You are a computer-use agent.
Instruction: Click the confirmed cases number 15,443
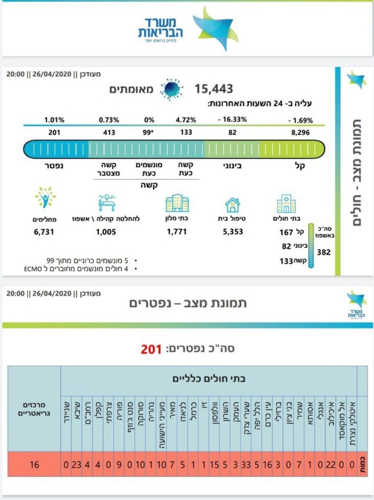[214, 89]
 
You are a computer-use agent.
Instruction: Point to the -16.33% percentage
[232, 120]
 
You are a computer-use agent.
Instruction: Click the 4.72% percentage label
[186, 120]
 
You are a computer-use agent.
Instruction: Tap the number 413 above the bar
[108, 132]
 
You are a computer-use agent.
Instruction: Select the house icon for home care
[232, 204]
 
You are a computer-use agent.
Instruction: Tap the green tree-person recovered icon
[45, 198]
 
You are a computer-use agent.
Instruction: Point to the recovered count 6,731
[43, 232]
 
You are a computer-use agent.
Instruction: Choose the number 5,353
[232, 232]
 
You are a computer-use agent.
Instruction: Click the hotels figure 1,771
[177, 232]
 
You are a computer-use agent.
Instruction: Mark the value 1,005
[106, 232]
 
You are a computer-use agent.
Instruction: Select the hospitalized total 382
[324, 252]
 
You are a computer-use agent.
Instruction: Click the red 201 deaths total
[151, 349]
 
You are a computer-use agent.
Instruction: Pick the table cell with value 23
[76, 464]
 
